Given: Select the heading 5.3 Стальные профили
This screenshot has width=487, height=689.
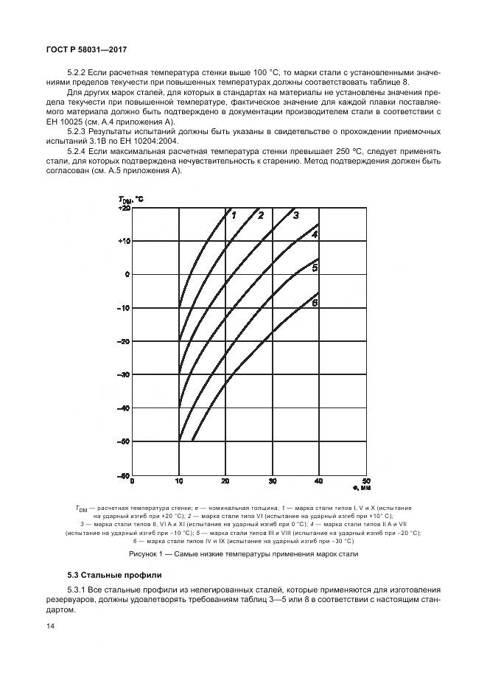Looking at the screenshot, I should (112, 574).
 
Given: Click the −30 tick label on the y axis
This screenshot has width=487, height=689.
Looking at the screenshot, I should (124, 375).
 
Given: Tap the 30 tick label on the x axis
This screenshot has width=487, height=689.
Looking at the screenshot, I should (272, 482).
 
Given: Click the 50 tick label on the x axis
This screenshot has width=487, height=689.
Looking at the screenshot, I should (365, 481).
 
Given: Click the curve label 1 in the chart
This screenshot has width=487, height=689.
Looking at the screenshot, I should (233, 215).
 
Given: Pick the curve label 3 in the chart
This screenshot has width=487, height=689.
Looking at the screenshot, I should (295, 215).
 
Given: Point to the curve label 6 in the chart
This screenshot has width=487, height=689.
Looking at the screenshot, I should (314, 303).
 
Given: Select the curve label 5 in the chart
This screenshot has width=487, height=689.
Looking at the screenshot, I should (315, 267).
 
